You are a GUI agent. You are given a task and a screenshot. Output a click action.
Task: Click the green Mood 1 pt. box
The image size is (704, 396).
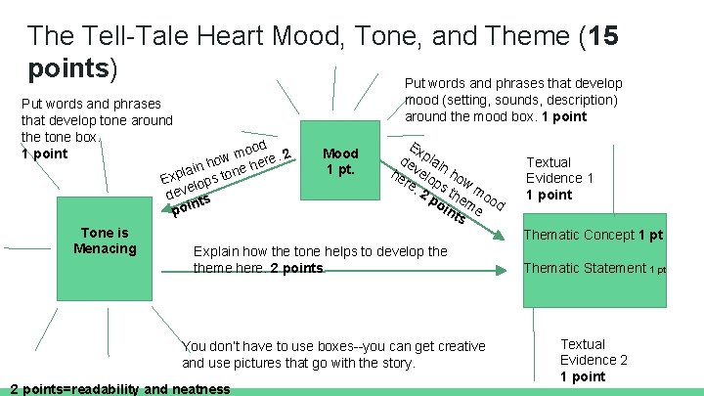tap(341, 161)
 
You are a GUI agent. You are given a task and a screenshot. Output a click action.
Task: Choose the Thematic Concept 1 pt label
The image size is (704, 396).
tap(594, 235)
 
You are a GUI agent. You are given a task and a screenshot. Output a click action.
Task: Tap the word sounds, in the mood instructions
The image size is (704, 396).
tap(513, 100)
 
